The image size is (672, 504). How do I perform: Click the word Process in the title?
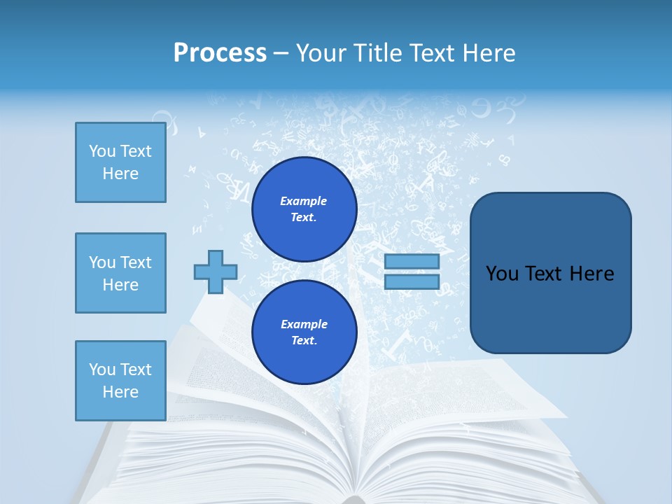tap(220, 52)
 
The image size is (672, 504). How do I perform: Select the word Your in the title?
tap(321, 52)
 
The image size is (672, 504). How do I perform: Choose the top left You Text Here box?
tap(120, 162)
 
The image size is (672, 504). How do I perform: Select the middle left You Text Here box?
tap(120, 273)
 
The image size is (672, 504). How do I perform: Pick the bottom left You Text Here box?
tap(120, 381)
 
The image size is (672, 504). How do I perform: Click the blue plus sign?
tap(216, 272)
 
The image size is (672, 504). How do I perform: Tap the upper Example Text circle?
tap(304, 209)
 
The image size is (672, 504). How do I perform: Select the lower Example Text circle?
tap(304, 332)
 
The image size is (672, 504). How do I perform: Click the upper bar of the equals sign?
tap(412, 261)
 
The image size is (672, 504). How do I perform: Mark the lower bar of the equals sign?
tap(412, 281)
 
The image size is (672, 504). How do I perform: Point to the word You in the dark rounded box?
tap(502, 274)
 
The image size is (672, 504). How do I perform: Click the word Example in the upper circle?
tap(304, 201)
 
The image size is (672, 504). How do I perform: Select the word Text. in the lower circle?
tap(304, 341)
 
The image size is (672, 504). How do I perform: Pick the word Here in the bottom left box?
tap(120, 392)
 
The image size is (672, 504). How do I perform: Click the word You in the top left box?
tap(102, 151)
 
